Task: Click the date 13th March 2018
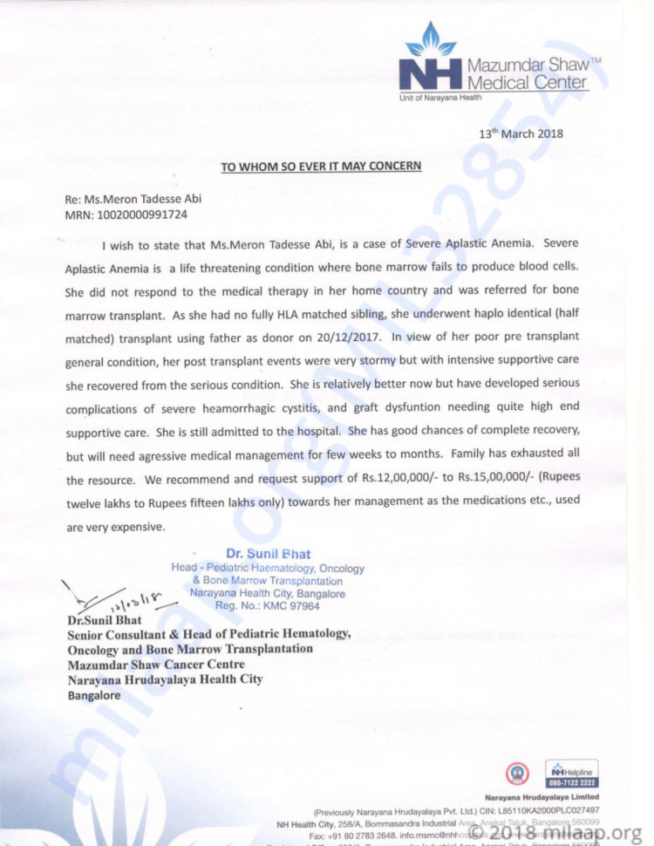pos(521,133)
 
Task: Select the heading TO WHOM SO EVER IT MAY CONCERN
pos(321,166)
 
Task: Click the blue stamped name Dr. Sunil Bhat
pos(268,554)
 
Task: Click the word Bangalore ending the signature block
pos(94,696)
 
